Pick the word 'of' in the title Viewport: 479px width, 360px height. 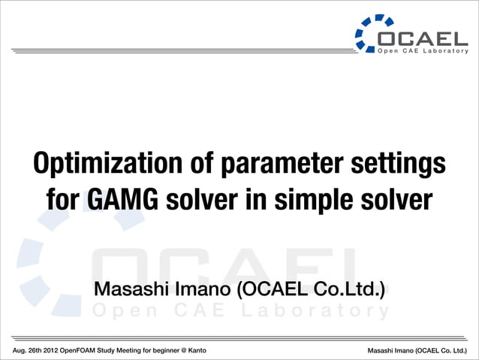[x=192, y=163]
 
